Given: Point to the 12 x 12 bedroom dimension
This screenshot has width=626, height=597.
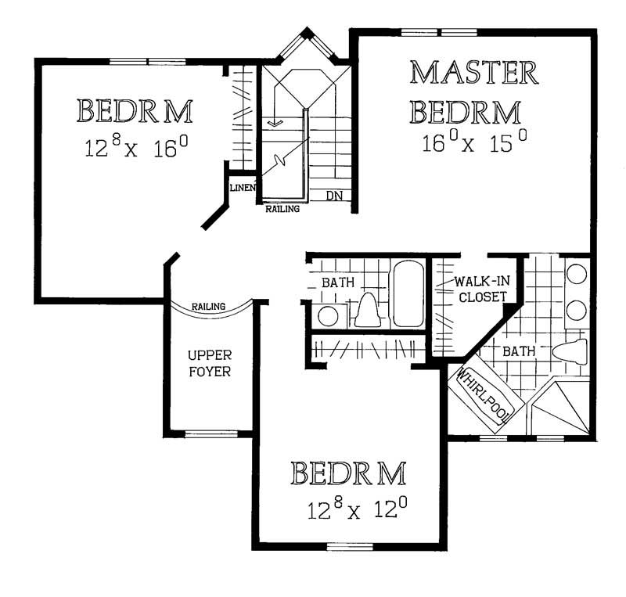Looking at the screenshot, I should tap(357, 510).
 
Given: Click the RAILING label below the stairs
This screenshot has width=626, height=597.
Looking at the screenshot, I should tap(282, 210).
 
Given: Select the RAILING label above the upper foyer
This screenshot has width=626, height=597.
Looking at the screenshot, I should tap(209, 307).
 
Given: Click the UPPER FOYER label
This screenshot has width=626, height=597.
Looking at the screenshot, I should tap(209, 363).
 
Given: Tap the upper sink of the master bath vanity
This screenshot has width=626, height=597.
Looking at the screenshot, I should tap(577, 274).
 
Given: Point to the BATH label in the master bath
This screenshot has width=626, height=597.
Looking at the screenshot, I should tap(519, 352).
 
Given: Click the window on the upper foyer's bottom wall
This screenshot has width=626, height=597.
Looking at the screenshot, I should tap(208, 433).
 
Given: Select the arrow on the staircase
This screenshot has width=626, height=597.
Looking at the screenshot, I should tap(274, 123).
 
